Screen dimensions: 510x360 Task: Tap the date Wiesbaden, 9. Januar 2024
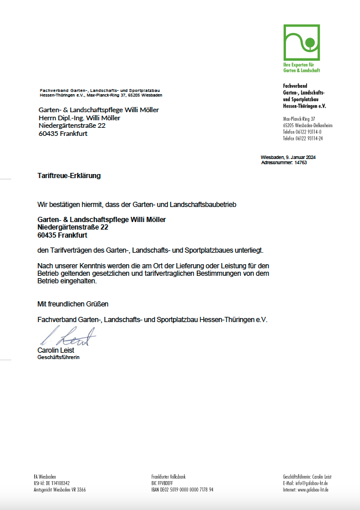coord(288,158)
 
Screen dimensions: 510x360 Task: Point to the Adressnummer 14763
coord(284,163)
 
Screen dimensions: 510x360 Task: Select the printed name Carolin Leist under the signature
coord(56,350)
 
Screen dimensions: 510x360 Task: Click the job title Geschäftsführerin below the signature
coord(58,357)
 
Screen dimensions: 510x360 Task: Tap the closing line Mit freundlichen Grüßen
coord(73,304)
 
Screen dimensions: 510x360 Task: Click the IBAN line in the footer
coord(182,490)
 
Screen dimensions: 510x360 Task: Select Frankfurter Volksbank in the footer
coord(168,476)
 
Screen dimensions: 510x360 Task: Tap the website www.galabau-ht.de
coord(307,490)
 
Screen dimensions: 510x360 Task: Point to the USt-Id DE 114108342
coord(52,483)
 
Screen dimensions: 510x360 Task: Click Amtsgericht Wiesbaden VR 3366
coord(60,490)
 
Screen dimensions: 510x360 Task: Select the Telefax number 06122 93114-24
coord(303,139)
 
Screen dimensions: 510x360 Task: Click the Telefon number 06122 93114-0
coord(302,132)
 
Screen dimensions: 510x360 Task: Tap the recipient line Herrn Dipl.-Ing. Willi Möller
coord(79,118)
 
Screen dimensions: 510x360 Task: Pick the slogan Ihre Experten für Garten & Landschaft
coord(302,68)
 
